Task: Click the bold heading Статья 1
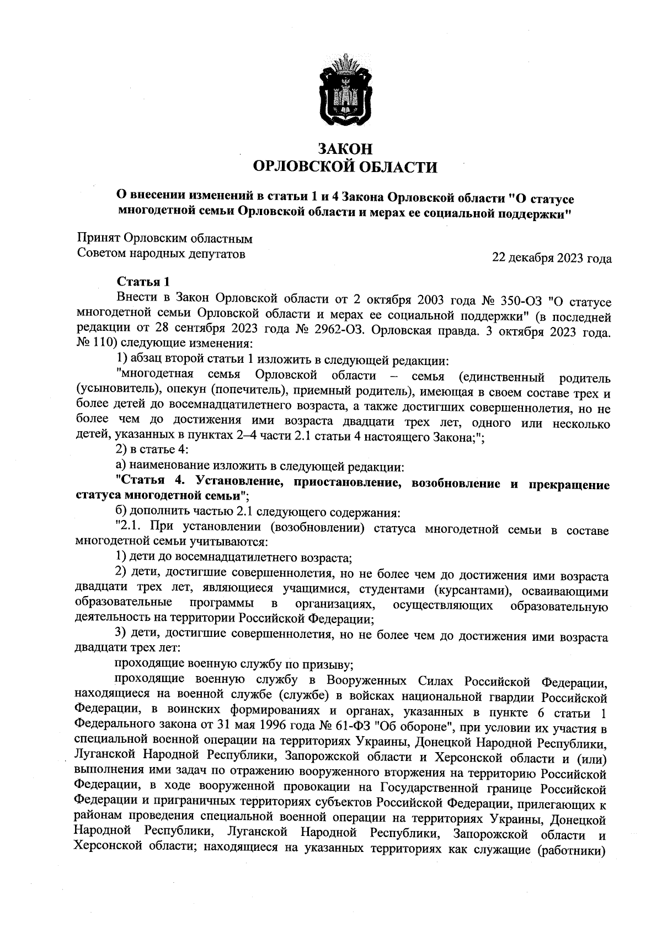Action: pyautogui.click(x=143, y=282)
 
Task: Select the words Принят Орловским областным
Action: pyautogui.click(x=164, y=239)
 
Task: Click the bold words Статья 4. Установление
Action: pyautogui.click(x=199, y=485)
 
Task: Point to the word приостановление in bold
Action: pyautogui.click(x=341, y=485)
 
